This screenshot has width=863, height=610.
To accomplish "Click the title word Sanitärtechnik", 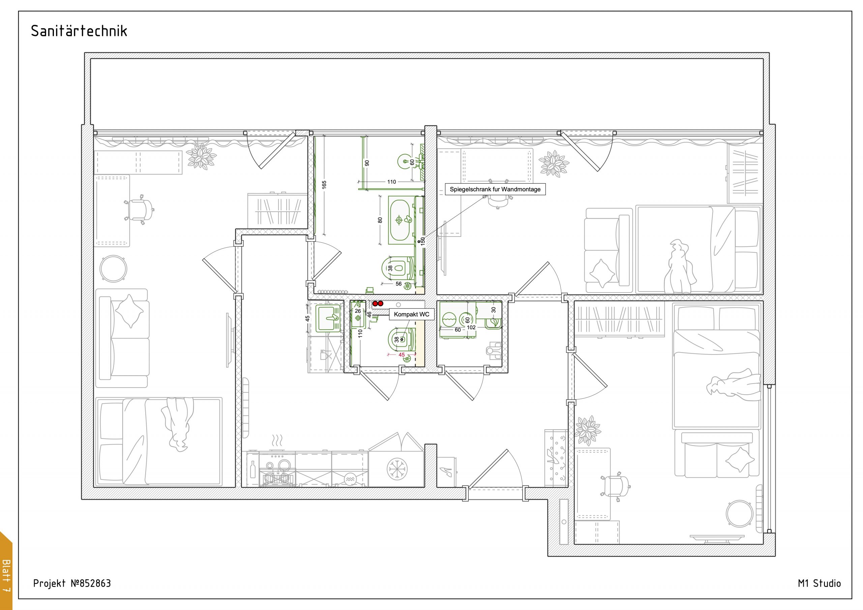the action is [79, 31].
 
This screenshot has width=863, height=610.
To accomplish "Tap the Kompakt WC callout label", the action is [412, 314].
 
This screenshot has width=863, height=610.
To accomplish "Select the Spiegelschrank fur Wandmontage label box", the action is [495, 189].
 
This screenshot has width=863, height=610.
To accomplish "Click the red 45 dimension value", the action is [401, 355].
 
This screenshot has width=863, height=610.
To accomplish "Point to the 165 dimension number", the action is [324, 185].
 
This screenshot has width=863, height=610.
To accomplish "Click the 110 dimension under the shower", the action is [392, 182].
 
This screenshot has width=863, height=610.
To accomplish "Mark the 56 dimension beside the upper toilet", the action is [398, 284].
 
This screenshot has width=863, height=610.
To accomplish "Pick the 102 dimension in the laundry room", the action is [471, 327].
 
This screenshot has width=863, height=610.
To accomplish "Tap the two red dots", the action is [378, 303].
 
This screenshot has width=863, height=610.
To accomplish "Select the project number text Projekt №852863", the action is [72, 583].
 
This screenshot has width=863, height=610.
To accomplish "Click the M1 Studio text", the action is [820, 583].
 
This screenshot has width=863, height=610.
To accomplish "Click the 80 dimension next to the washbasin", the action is [380, 220].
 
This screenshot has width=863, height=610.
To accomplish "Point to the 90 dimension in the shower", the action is [367, 163].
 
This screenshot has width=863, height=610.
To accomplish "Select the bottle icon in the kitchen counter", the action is [253, 469].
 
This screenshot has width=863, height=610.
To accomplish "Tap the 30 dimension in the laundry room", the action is [494, 310].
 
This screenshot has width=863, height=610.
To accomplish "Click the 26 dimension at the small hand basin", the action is [358, 311].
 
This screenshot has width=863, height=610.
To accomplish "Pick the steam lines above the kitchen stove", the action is [277, 440].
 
